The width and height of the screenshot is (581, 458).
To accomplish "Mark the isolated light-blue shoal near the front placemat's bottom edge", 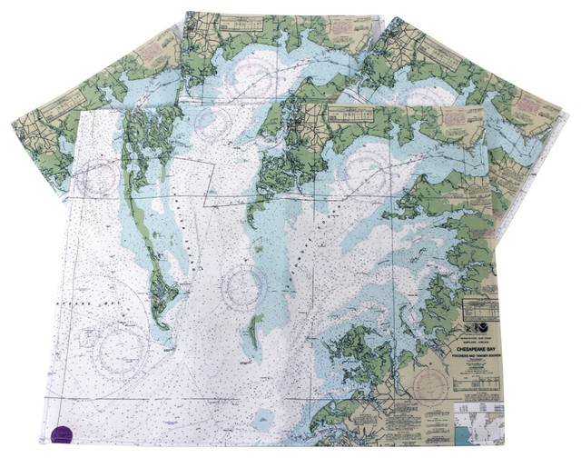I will pos(263,420).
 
